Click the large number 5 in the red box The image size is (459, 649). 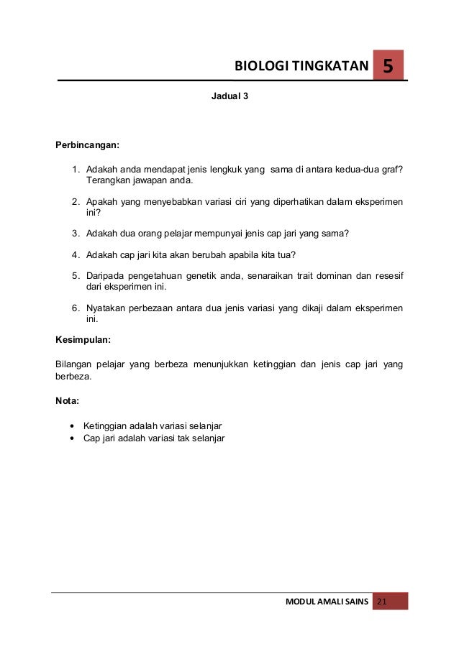(388, 67)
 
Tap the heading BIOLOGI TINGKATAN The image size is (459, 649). (301, 68)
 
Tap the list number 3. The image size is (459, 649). (75, 234)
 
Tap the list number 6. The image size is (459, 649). (75, 308)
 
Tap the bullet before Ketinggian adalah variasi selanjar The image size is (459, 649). (71, 425)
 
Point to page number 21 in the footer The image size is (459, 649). (381, 602)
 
